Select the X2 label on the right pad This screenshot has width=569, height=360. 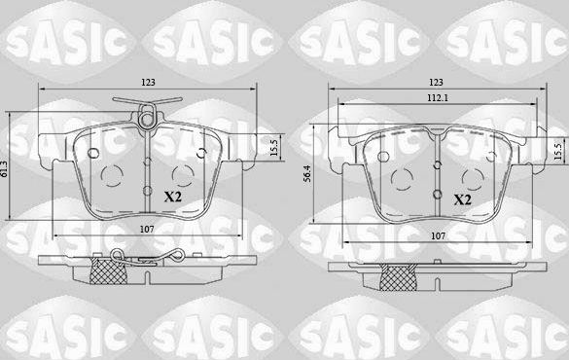point(463,199)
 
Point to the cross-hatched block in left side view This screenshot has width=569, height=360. point(103,270)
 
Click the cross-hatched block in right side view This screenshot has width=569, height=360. point(398,276)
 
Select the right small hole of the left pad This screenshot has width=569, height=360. point(199,152)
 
